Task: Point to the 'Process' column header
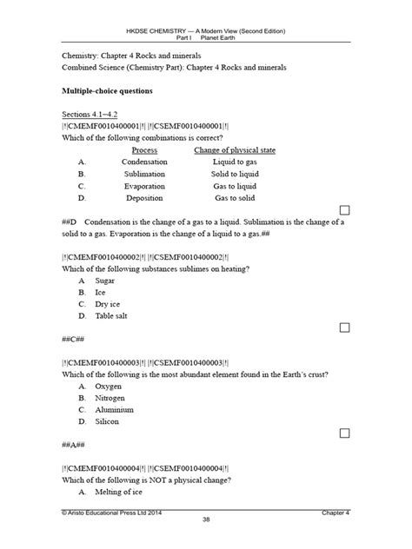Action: coord(139,150)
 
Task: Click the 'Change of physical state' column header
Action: coord(234,150)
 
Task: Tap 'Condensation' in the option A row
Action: coord(138,162)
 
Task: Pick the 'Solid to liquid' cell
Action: coord(234,174)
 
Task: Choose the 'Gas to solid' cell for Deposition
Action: coord(234,198)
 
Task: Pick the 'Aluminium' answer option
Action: coord(117,409)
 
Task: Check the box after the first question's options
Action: coord(345,210)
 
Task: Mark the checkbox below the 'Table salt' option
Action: coord(345,327)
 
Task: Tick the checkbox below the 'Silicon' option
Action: coord(345,433)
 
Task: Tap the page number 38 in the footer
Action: coord(206,542)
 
